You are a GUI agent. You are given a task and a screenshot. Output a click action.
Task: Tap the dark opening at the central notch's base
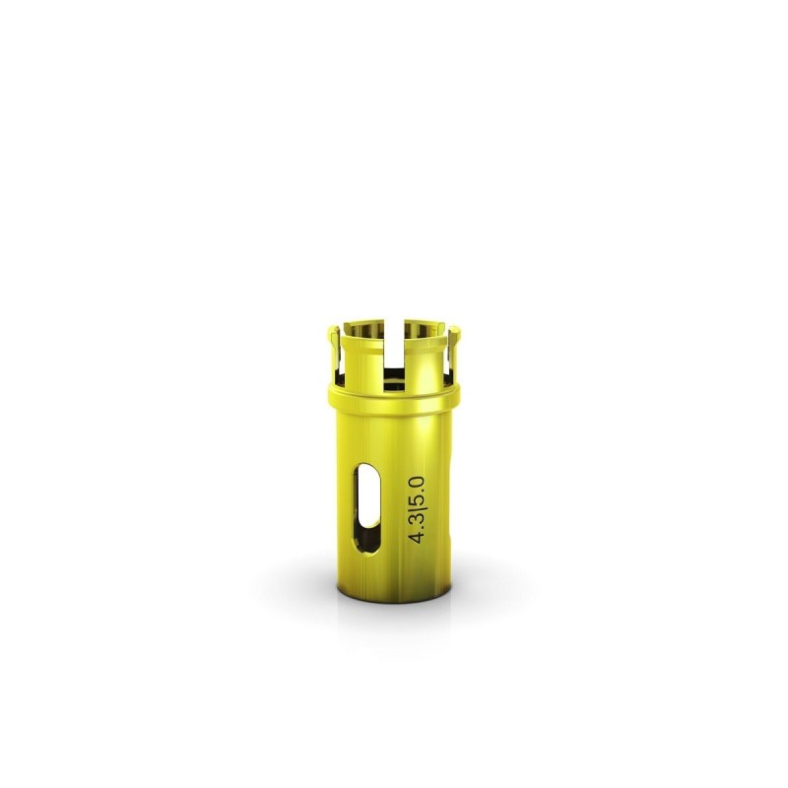click(393, 373)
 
